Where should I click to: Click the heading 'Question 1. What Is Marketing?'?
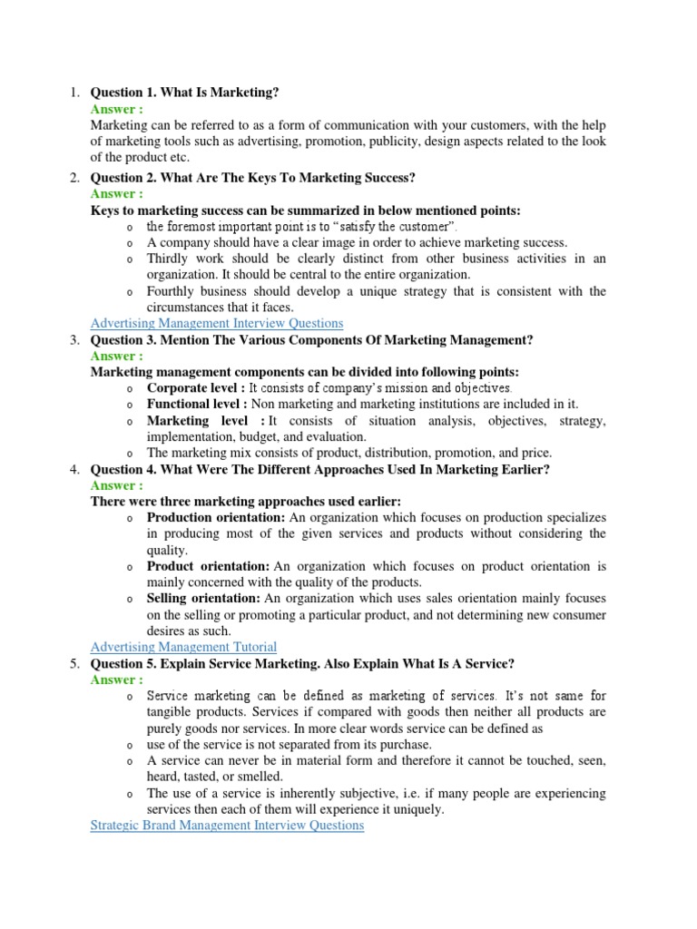pyautogui.click(x=185, y=93)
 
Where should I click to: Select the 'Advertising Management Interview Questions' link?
pyautogui.click(x=217, y=323)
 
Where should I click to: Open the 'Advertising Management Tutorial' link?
pyautogui.click(x=184, y=646)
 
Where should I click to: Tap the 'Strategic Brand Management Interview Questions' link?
pyautogui.click(x=227, y=825)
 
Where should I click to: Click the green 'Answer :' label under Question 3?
pyautogui.click(x=117, y=356)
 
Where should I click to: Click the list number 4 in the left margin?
pyautogui.click(x=74, y=469)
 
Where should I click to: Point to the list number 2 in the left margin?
pyautogui.click(x=74, y=177)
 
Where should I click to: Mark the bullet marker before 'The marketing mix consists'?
pyautogui.click(x=130, y=454)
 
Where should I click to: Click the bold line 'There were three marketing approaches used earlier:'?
pyautogui.click(x=246, y=501)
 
